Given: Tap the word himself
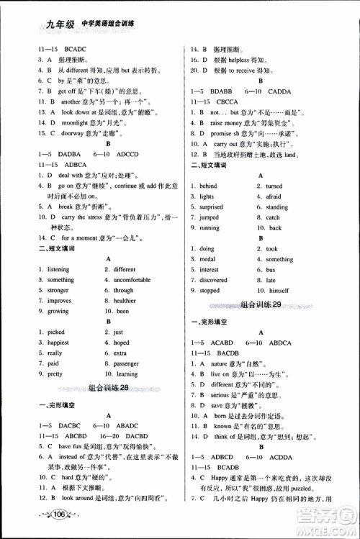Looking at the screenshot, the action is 278,290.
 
